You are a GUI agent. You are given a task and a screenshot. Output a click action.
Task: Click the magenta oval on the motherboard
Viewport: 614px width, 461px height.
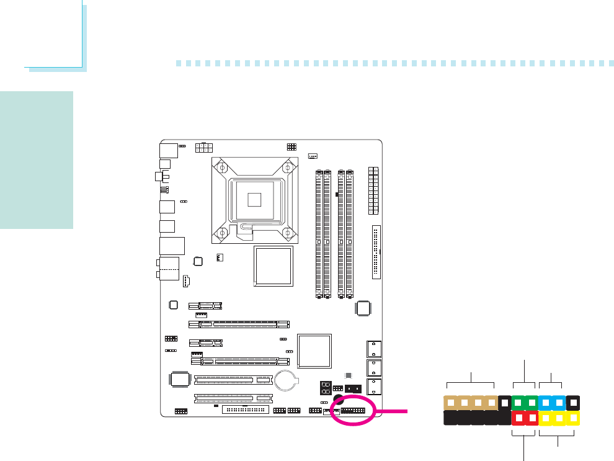tap(355, 410)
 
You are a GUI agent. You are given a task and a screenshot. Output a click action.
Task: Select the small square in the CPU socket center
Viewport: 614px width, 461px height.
tap(254, 199)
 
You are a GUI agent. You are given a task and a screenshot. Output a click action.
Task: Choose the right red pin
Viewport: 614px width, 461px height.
tap(532, 418)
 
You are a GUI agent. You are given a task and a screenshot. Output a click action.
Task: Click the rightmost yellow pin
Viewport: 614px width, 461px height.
tap(574, 418)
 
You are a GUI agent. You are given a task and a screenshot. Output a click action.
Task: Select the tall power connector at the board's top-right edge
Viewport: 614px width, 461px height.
tap(373, 190)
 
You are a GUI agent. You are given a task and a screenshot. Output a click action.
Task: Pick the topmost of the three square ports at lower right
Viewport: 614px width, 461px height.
tap(374, 349)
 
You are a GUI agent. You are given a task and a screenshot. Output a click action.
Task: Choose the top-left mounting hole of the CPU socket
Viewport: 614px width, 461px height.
tap(221, 167)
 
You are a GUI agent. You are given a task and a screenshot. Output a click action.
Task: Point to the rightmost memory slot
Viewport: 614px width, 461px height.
tap(350, 231)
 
